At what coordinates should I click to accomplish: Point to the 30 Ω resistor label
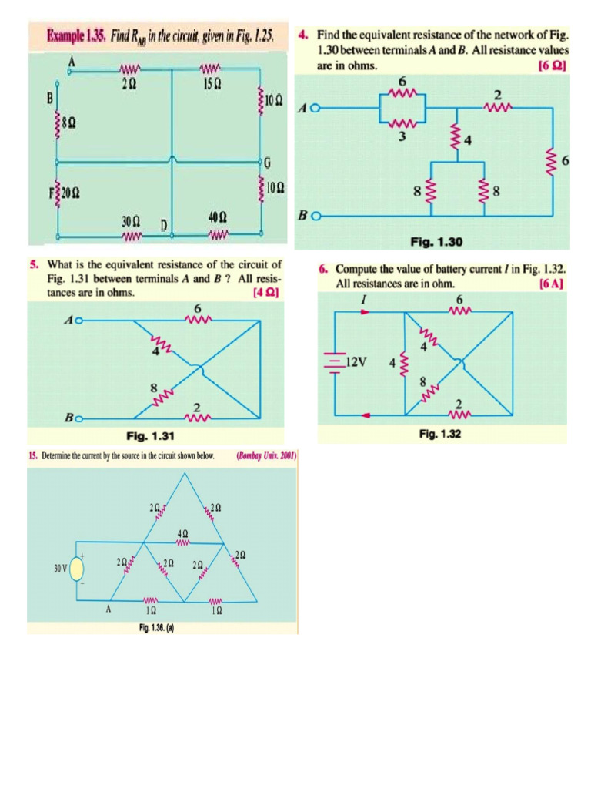(x=130, y=221)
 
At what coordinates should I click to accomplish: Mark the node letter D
(x=164, y=224)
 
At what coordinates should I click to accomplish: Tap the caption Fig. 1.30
(x=436, y=242)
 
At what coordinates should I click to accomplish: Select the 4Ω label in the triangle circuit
(x=182, y=532)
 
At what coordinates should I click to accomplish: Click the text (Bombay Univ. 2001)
(x=267, y=455)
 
